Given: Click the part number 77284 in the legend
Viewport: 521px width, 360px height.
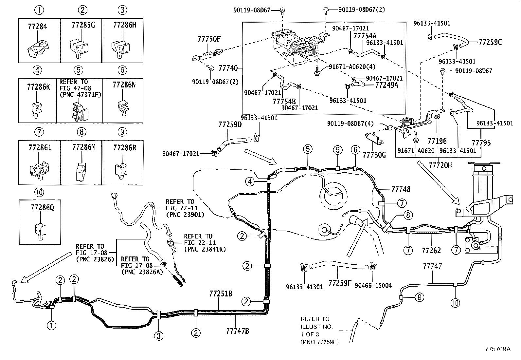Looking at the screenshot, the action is point(37,27).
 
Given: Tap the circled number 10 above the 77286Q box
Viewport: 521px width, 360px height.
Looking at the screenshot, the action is point(39,192).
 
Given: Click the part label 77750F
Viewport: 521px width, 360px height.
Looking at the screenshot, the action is point(209,39).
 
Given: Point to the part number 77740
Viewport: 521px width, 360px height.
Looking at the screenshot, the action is point(228,68).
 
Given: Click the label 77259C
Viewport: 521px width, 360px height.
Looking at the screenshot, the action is point(490,42).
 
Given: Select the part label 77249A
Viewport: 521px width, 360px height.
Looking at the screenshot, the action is point(387,85).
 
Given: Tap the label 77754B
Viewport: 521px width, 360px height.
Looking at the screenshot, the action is point(284,101).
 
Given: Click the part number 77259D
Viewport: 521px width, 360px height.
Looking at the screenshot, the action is point(230,124).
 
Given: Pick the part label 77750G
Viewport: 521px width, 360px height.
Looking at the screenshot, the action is point(374,155).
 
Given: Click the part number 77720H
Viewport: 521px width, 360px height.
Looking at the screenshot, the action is point(440,165).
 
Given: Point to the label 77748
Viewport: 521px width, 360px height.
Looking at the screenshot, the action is point(401,189).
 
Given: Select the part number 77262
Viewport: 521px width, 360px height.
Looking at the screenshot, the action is point(431,251).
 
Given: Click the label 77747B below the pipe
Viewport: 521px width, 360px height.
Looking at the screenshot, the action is point(238,331).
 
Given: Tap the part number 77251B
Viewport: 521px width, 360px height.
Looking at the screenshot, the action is point(221,294).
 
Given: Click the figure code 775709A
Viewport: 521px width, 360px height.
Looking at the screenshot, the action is point(498,349).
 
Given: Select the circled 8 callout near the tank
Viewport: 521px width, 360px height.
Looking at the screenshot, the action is point(408,215).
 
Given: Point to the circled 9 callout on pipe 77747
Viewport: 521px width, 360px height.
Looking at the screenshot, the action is point(419,297).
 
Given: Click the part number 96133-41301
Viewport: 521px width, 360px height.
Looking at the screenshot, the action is point(304,287).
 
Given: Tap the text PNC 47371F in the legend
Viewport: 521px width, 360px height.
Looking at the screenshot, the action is point(81,95).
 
